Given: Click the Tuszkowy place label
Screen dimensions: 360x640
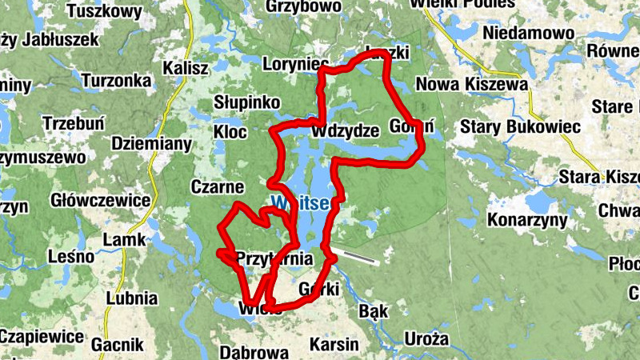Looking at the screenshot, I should point(105,11).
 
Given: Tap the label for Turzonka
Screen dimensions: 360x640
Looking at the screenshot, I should point(116,81).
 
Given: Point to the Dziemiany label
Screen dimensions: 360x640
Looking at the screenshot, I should point(152,144).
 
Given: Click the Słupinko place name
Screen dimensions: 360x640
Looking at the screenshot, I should point(246,103).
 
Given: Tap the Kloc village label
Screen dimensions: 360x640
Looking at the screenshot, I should point(230,131).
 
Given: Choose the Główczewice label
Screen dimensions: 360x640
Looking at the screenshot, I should point(101,199).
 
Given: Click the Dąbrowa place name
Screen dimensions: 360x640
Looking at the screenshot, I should point(254,352).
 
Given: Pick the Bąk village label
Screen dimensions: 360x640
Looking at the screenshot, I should point(374,310).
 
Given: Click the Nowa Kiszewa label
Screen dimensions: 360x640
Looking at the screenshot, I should point(472,85).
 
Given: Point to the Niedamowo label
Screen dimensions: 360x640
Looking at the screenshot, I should point(529,34).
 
